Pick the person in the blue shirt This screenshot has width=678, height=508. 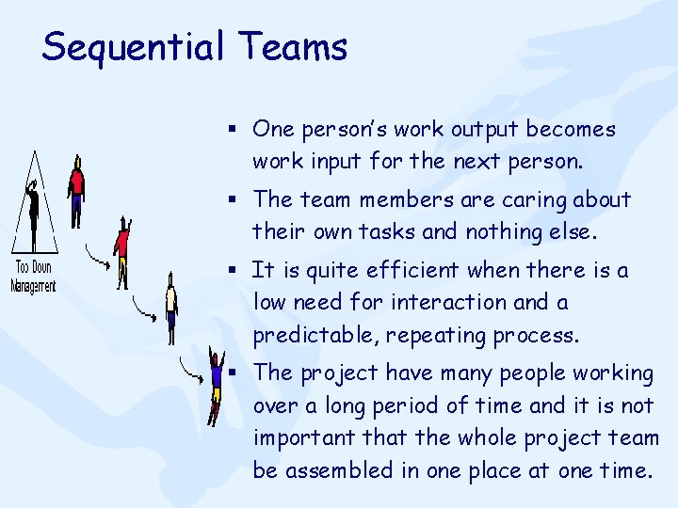tap(216, 381)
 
